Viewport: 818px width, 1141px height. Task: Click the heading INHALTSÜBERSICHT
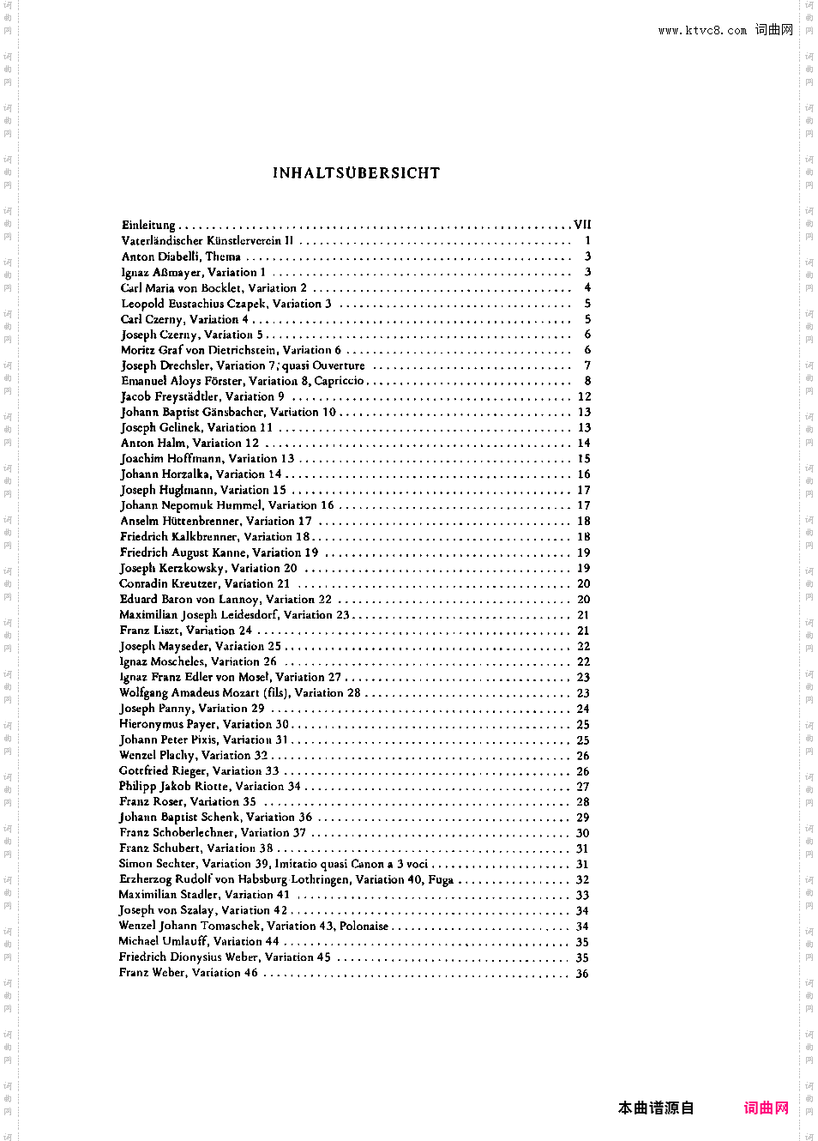point(356,173)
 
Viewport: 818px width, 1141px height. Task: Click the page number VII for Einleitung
point(582,225)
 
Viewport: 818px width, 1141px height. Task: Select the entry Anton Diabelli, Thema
point(181,257)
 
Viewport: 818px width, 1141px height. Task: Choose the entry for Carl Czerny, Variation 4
point(184,319)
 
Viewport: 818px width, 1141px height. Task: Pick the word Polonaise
point(364,927)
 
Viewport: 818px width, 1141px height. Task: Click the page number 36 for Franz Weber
point(582,974)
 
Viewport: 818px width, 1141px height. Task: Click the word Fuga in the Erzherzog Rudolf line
point(441,880)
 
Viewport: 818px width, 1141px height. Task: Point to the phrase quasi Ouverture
point(323,365)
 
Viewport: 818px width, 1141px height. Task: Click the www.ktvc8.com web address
point(702,31)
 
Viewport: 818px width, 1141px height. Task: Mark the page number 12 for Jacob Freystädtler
point(585,397)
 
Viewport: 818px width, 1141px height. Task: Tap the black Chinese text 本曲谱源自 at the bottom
point(656,1108)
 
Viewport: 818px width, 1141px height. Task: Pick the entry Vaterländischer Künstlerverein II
point(208,241)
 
